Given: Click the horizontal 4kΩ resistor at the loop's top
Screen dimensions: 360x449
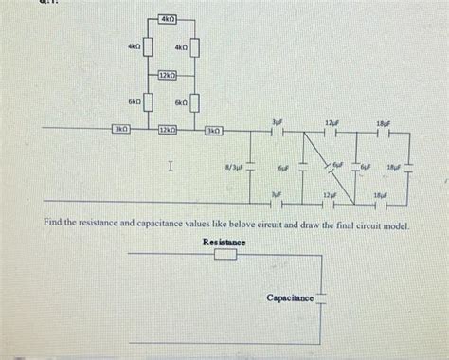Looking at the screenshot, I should click(x=169, y=19).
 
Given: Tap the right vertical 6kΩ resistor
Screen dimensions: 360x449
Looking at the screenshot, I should click(x=196, y=101).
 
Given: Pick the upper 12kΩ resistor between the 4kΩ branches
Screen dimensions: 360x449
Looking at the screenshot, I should click(x=169, y=75).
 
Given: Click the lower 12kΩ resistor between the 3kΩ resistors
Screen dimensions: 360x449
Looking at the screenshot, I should click(x=169, y=129).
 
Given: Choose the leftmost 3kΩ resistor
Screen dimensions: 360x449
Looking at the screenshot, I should click(x=121, y=129).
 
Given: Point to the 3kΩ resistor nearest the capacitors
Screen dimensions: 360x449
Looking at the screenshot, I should click(x=215, y=129).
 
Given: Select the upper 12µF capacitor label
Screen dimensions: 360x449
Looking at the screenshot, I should click(x=331, y=122).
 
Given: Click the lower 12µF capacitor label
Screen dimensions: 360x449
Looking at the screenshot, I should click(x=330, y=192).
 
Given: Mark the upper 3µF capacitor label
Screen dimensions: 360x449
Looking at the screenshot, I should click(x=277, y=122).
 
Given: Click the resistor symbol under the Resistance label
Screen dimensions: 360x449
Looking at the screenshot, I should click(x=224, y=255).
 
